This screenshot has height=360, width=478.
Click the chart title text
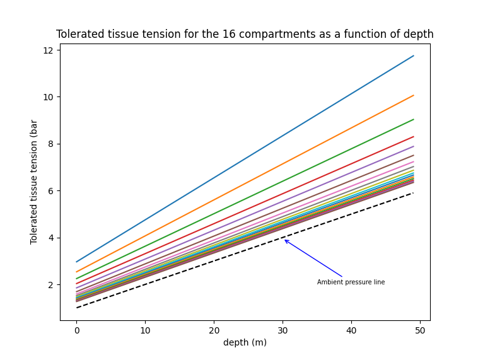tap(245, 34)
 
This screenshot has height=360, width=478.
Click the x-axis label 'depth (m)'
tap(245, 342)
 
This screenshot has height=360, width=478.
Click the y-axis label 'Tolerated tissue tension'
tap(34, 182)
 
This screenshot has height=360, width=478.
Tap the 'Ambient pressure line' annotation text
tap(351, 282)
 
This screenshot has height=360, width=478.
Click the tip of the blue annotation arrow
tap(284, 240)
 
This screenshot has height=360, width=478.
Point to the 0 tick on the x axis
tap(77, 330)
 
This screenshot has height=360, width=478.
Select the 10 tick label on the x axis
tap(146, 330)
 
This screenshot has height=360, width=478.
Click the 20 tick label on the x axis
tap(214, 330)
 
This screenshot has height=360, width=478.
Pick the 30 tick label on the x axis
tap(283, 330)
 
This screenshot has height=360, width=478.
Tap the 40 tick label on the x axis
tap(352, 330)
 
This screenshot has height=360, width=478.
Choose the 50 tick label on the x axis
tap(421, 330)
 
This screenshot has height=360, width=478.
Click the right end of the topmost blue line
tap(414, 55)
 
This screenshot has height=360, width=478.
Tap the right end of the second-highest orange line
tap(414, 95)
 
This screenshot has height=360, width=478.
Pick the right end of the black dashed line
tap(414, 193)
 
